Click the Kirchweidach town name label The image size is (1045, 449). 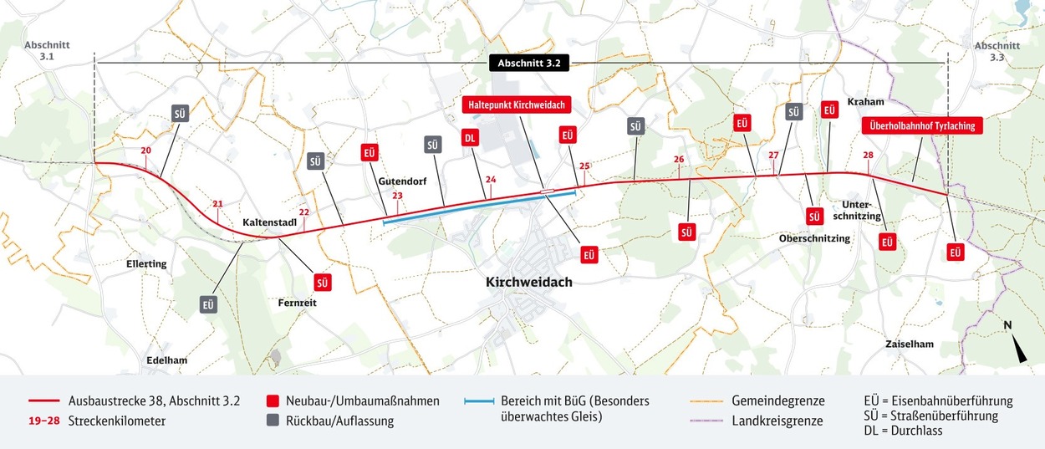click(529, 283)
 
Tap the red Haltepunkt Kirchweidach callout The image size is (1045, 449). click(515, 105)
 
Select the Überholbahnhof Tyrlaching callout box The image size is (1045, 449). click(921, 126)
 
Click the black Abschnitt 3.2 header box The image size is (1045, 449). click(522, 64)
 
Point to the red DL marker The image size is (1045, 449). click(470, 138)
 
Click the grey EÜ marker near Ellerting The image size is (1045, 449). click(208, 304)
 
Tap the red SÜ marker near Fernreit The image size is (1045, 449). click(323, 282)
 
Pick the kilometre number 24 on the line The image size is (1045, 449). click(491, 180)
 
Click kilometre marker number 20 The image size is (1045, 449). click(145, 151)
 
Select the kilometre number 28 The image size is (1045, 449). click(869, 156)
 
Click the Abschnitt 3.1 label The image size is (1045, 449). click(47, 49)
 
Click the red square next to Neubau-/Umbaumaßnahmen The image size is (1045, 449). click(272, 401)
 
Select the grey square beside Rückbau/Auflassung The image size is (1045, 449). click(272, 421)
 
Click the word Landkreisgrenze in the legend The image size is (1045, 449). click(777, 421)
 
